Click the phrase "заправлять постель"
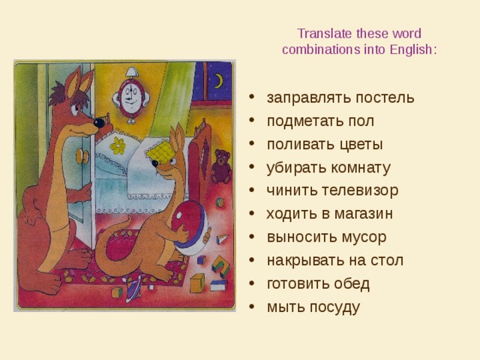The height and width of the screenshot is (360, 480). click(340, 98)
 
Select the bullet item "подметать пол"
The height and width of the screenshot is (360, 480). click(320, 121)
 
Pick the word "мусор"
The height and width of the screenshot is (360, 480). click(359, 237)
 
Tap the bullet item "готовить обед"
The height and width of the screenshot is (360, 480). click(318, 283)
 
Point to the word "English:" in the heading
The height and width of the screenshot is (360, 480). click(412, 49)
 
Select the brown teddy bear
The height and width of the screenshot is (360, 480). click(220, 166)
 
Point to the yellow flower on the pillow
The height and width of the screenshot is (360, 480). click(118, 145)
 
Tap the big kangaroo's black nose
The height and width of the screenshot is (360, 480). click(99, 120)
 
